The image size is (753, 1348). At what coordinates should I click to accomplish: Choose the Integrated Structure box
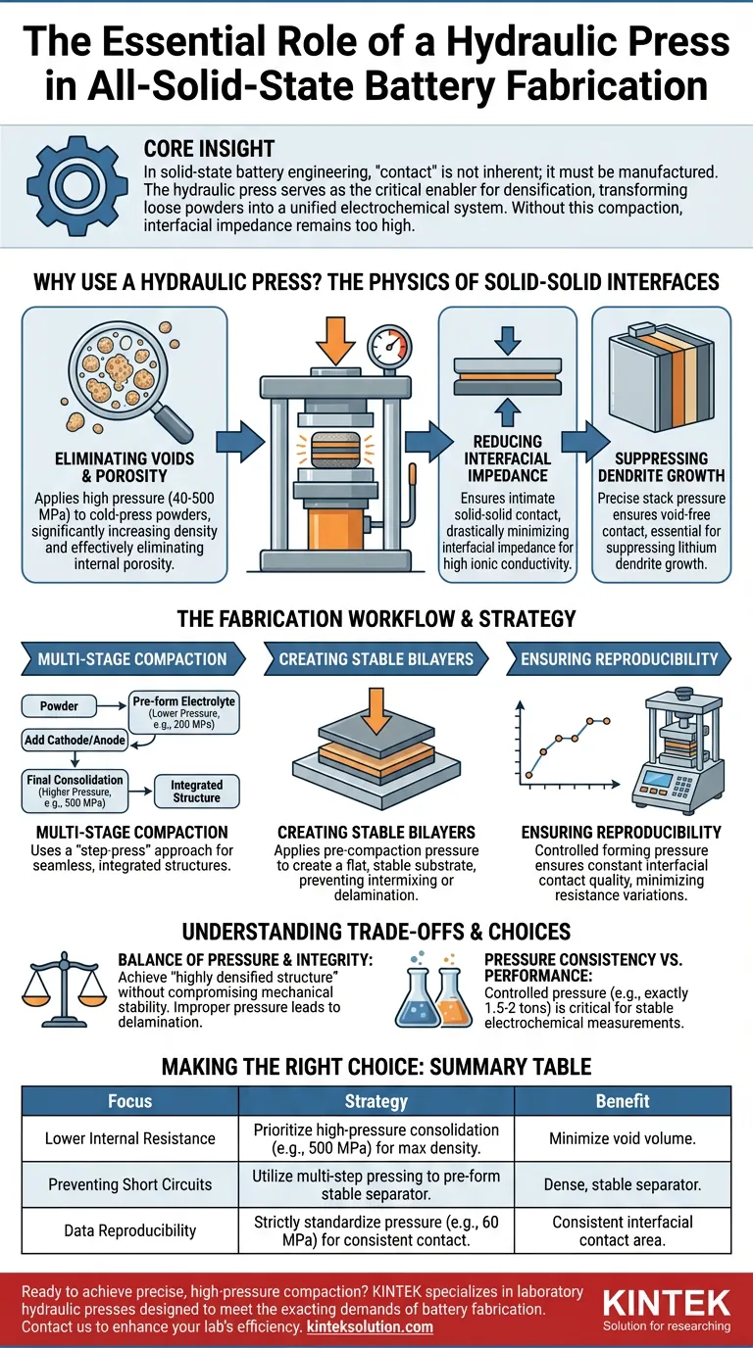coord(196,792)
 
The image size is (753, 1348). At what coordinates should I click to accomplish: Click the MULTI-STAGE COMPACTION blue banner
coord(132,658)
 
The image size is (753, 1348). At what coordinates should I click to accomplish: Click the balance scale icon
coord(63,993)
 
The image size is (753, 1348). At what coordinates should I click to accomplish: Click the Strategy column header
coord(376,1101)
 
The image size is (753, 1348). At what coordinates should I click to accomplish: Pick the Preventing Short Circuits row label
coord(129,1184)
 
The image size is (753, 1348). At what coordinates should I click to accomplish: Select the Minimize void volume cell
coord(623,1138)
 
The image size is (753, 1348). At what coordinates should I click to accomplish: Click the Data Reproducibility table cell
coord(129,1229)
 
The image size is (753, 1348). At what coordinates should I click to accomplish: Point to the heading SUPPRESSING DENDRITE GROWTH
coord(661,466)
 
